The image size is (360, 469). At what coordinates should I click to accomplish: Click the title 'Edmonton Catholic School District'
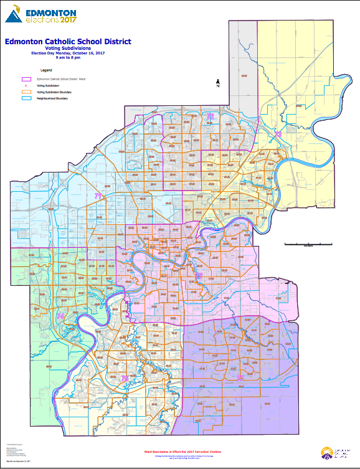[67, 42]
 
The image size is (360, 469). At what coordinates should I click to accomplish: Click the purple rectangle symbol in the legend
[27, 80]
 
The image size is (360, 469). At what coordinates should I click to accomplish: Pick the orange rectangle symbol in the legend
[27, 92]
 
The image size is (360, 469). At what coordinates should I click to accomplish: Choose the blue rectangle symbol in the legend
[27, 98]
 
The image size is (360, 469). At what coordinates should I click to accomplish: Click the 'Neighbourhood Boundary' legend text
[52, 98]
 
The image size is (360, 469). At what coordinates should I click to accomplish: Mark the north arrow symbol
[217, 83]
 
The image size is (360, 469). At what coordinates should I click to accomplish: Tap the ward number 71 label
[98, 196]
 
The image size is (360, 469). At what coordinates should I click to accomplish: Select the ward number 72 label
[211, 116]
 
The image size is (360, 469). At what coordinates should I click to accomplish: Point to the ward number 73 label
[278, 134]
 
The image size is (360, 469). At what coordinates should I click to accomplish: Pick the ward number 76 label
[60, 316]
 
